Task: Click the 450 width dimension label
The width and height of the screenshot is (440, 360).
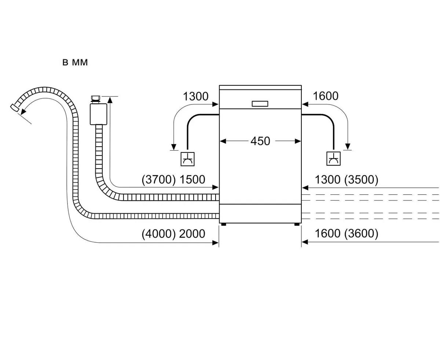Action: (260, 141)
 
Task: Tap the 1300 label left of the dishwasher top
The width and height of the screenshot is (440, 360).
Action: (195, 96)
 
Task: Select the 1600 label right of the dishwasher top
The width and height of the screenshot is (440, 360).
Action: (326, 96)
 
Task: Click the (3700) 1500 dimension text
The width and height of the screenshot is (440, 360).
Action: (173, 180)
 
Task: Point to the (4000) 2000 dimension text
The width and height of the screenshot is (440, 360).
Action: (173, 234)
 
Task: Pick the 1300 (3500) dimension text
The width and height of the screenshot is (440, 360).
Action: (346, 180)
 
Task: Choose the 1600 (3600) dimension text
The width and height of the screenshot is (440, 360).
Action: (346, 234)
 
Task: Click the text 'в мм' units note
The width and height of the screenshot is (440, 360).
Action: (75, 63)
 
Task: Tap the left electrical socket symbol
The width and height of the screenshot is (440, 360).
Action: (188, 158)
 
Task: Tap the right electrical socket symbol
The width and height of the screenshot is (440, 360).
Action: (333, 158)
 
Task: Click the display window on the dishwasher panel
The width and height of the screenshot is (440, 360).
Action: (260, 103)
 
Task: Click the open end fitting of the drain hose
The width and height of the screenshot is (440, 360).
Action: (15, 107)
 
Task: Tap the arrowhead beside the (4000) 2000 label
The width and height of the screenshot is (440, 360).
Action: (216, 242)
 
